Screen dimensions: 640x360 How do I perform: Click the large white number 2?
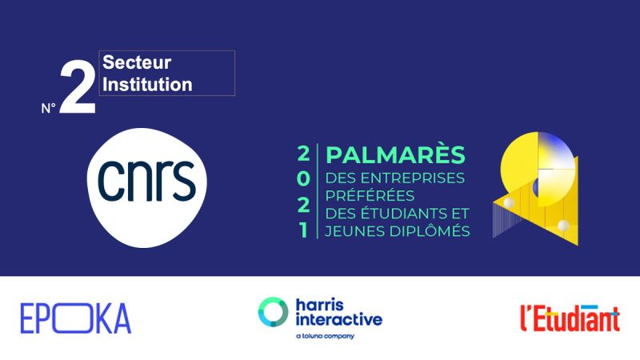click(x=78, y=86)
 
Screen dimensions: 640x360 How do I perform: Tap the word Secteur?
click(x=137, y=62)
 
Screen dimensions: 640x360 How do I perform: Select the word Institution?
click(x=147, y=84)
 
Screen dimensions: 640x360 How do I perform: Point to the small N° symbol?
click(x=48, y=108)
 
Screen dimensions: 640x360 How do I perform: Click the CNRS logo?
click(x=147, y=188)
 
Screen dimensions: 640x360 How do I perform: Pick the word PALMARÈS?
click(x=395, y=155)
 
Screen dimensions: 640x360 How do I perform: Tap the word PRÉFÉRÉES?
click(x=370, y=195)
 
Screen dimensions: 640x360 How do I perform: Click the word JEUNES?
click(x=355, y=231)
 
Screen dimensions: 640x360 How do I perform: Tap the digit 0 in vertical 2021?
click(x=303, y=179)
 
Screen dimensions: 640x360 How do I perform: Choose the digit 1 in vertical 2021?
click(x=303, y=230)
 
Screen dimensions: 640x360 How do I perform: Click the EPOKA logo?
click(x=76, y=318)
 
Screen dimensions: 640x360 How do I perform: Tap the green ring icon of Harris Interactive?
click(x=273, y=312)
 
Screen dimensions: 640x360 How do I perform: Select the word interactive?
click(x=338, y=318)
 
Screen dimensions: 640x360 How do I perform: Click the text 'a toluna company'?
click(x=326, y=336)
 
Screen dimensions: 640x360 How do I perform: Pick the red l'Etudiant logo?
click(x=570, y=318)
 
